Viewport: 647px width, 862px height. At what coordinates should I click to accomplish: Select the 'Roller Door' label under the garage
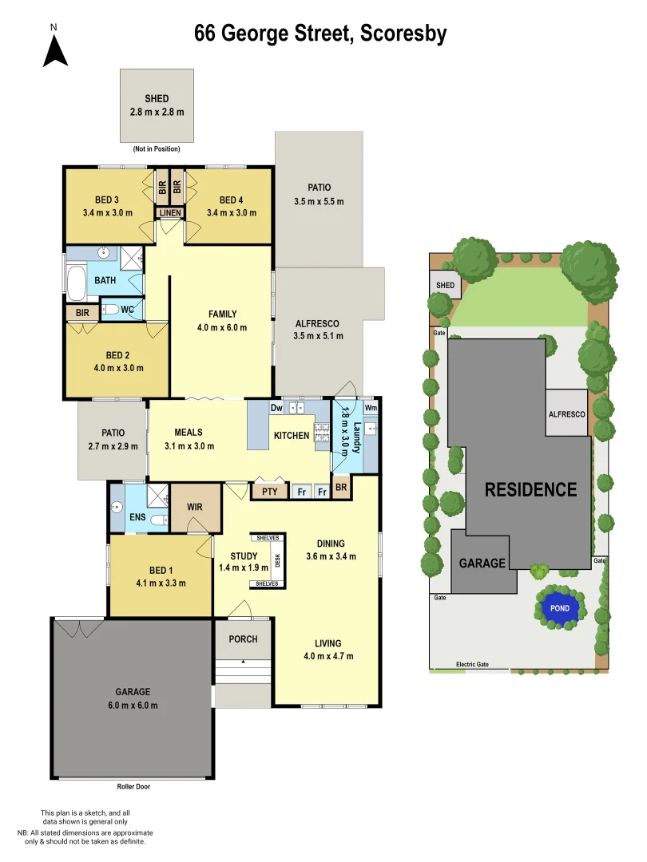coord(133,786)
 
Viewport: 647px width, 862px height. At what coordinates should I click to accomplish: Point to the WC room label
coord(127,309)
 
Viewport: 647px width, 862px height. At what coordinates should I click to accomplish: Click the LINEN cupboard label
coord(169,213)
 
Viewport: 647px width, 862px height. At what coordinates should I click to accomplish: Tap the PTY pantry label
coord(270,492)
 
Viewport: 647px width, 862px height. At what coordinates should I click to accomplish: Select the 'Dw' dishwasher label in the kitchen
coord(277,409)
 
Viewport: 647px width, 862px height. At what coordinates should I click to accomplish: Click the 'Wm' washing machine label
coord(370,409)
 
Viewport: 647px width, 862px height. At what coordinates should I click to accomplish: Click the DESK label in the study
coord(278,560)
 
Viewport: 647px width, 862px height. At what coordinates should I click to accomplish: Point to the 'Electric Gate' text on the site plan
coord(471,664)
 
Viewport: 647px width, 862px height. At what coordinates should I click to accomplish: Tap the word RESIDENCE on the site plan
coord(531,489)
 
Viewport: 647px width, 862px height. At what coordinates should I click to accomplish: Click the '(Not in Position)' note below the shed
coord(157,149)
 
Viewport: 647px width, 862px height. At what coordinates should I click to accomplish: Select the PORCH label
coord(243,639)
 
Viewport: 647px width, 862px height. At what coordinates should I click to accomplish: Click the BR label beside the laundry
coord(341,487)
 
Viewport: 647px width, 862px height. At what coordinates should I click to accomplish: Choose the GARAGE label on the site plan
coord(482,563)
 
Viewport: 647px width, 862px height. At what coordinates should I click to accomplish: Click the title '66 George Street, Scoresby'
coord(320,34)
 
